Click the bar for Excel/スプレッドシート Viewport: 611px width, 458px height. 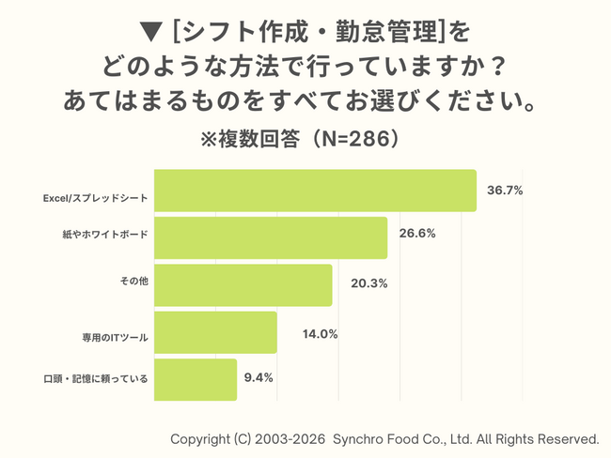click(x=314, y=191)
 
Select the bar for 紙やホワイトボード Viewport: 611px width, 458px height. click(x=270, y=237)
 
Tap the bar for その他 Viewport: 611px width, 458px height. click(x=243, y=284)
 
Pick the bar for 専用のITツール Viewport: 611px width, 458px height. click(x=214, y=332)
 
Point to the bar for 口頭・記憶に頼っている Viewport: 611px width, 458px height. click(x=195, y=379)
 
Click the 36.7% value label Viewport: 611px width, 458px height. click(x=505, y=191)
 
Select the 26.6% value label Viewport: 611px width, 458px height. click(x=416, y=234)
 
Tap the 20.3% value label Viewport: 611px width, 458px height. click(x=361, y=282)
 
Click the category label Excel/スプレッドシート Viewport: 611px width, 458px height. click(x=96, y=199)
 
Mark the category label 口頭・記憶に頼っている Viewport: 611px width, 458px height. click(x=97, y=379)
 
